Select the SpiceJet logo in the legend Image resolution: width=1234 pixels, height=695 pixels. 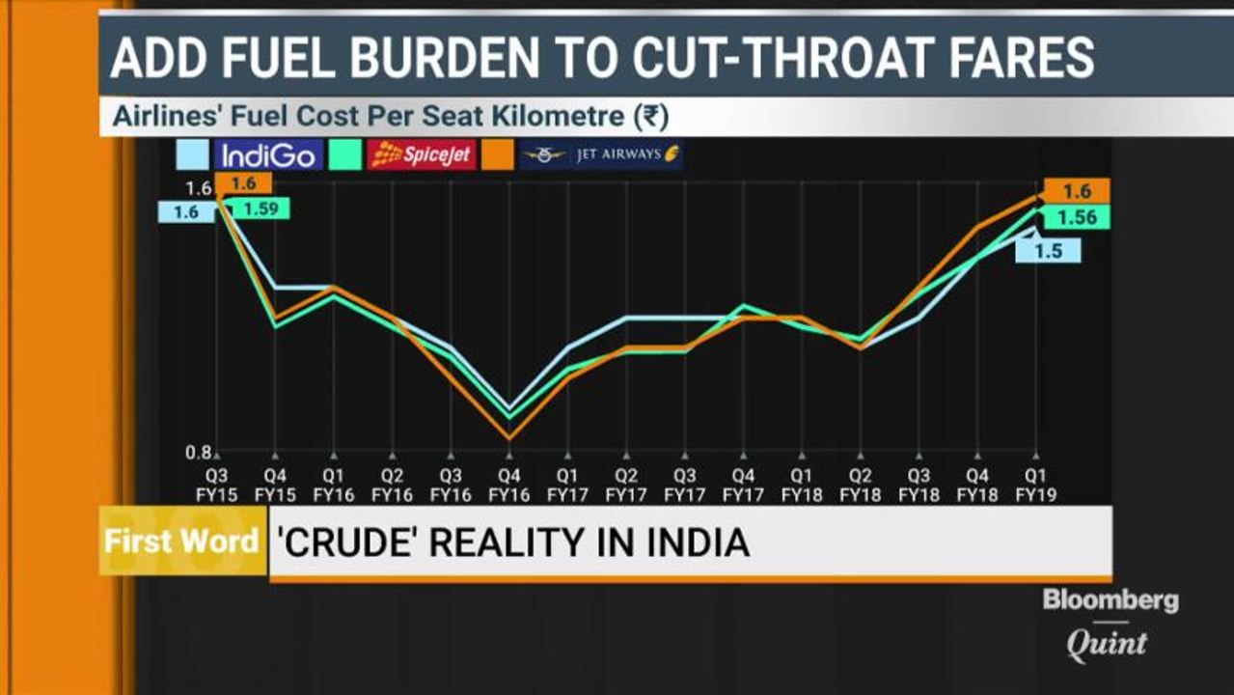click(x=422, y=154)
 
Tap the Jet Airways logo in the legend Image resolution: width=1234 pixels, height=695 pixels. click(x=601, y=154)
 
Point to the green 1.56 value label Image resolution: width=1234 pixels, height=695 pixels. click(x=1076, y=218)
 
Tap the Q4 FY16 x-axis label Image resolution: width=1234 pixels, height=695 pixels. click(x=509, y=484)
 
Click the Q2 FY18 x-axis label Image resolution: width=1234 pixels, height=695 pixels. click(x=860, y=484)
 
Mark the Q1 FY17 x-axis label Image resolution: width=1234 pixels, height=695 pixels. click(x=567, y=484)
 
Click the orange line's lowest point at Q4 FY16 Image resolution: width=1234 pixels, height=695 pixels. click(x=509, y=439)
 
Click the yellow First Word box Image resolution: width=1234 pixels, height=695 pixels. click(x=182, y=541)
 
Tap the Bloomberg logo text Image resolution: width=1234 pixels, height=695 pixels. click(x=1110, y=600)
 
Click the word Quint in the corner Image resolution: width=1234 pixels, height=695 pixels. click(x=1107, y=644)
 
